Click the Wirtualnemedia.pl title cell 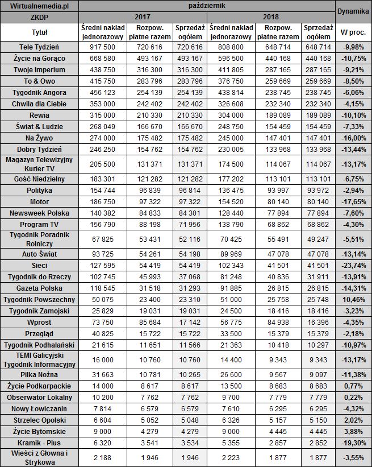click(x=39, y=6)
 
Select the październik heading click(x=206, y=6)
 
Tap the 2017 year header click(x=143, y=17)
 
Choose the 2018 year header click(x=271, y=17)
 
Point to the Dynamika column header click(x=353, y=11)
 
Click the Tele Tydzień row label click(x=39, y=46)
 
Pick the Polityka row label click(x=39, y=190)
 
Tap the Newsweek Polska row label click(x=39, y=213)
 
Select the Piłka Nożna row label click(x=39, y=374)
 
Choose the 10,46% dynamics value click(x=353, y=299)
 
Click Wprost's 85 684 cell click(x=150, y=322)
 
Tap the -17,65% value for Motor click(x=353, y=201)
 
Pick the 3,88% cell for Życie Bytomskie click(x=353, y=432)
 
